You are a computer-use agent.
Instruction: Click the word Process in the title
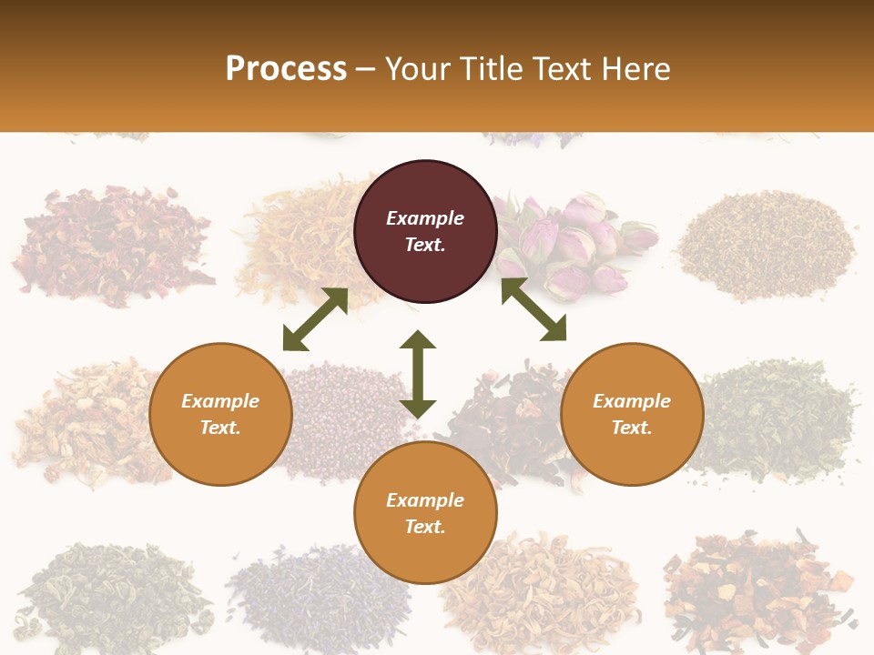286,69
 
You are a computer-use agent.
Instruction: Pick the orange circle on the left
220,414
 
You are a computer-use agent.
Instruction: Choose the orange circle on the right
632,414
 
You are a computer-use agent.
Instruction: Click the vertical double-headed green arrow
418,374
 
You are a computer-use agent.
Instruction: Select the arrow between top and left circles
315,319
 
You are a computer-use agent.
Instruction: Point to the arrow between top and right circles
534,309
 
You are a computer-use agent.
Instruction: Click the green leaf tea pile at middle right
774,418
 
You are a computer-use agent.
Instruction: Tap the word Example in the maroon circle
425,218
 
